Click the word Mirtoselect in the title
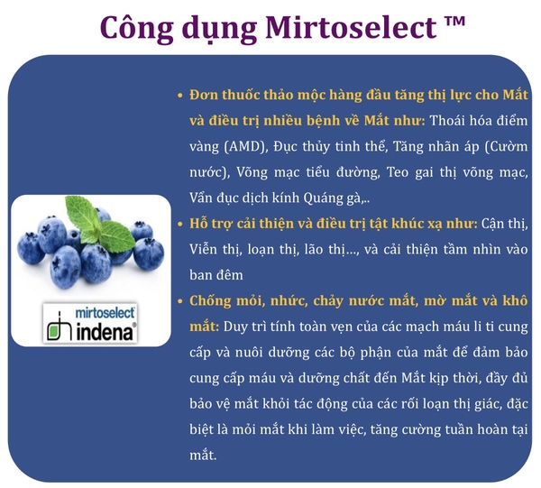[351, 27]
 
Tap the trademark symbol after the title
[454, 22]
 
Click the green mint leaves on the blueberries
[99, 221]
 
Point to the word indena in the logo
[105, 332]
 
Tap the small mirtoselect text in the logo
[105, 313]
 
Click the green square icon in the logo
[53, 332]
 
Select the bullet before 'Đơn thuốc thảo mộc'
[179, 96]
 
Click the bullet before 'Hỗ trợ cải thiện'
[179, 224]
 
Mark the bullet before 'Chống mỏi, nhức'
[179, 301]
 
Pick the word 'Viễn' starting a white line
[204, 250]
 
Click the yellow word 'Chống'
[210, 301]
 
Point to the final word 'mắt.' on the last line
[203, 456]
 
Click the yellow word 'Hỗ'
[197, 224]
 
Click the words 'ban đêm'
[216, 275]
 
